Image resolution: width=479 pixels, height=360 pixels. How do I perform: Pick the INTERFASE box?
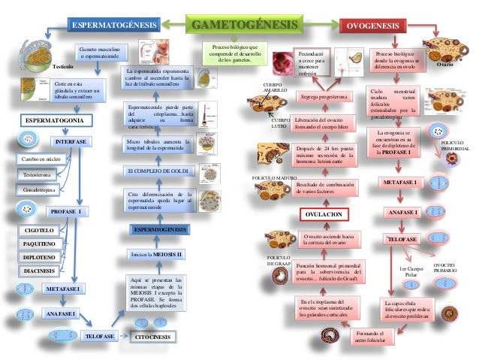point(72,142)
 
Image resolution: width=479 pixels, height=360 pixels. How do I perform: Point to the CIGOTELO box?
point(39,230)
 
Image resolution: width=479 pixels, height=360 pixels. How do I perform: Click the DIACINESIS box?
point(39,271)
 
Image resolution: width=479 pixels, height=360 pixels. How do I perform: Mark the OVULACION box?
point(324,215)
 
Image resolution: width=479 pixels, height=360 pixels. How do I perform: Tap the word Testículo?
point(62,67)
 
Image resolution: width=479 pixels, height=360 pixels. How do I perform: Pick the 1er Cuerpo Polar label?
point(411,272)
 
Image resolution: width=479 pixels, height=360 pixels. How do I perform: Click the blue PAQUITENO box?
point(39,244)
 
